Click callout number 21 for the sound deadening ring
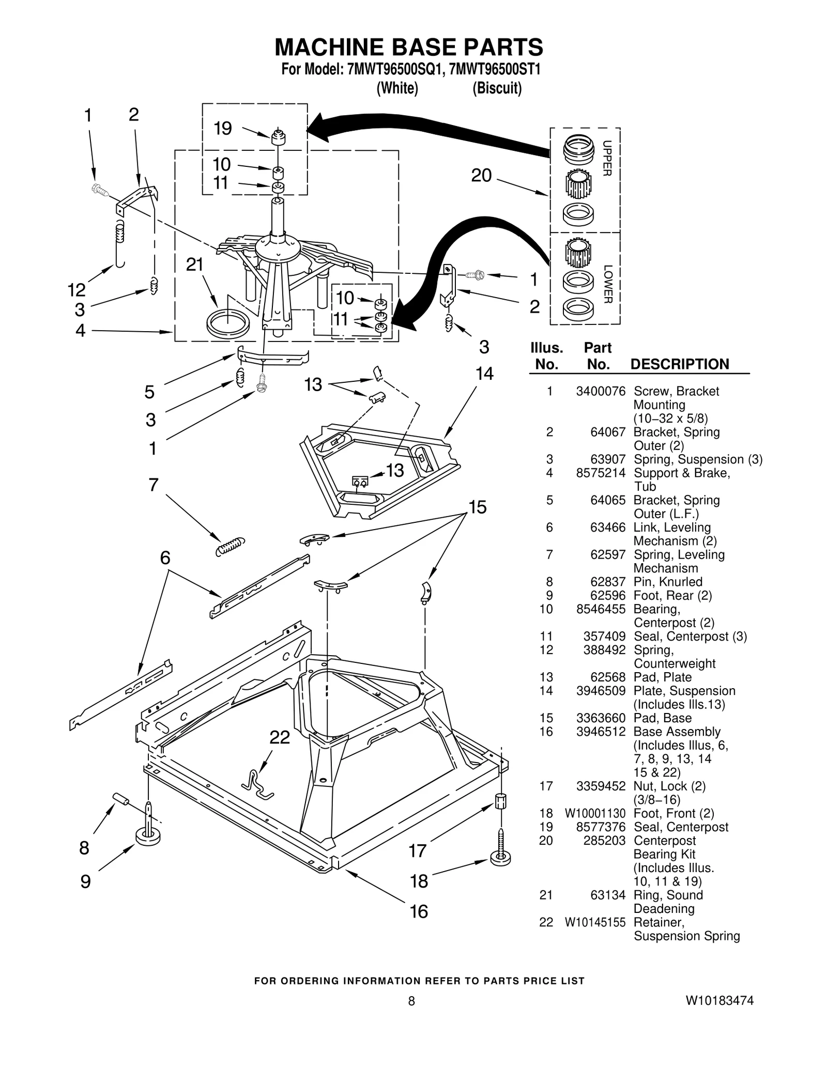[x=195, y=265]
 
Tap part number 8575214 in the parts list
[x=601, y=473]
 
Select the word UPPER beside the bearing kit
[x=608, y=158]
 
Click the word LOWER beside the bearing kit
[x=608, y=284]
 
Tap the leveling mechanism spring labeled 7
[x=229, y=546]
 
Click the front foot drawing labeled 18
[x=500, y=857]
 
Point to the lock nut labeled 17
[x=500, y=801]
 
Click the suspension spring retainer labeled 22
[x=257, y=784]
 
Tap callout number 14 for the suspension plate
[x=484, y=374]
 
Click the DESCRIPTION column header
[x=679, y=364]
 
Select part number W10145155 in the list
[x=595, y=922]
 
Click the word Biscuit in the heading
[x=497, y=88]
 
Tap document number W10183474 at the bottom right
[x=719, y=1001]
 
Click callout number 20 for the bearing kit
[x=481, y=176]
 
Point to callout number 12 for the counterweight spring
[x=77, y=290]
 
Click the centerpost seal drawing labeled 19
[x=279, y=138]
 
